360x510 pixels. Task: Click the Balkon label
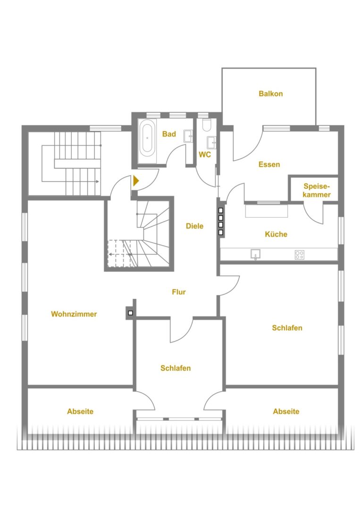(x=271, y=93)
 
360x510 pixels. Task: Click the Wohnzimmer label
(x=74, y=314)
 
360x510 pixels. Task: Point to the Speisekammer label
(x=317, y=190)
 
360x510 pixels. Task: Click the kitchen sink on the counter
(x=256, y=254)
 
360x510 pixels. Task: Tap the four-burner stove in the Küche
(x=300, y=255)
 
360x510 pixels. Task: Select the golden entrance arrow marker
(x=136, y=180)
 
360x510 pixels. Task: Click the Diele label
(x=194, y=226)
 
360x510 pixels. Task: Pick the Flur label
(x=179, y=292)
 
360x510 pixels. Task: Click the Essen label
(x=269, y=164)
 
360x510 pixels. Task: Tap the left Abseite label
(x=80, y=411)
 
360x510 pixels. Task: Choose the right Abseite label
(x=286, y=411)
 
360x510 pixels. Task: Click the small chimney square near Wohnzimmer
(x=131, y=313)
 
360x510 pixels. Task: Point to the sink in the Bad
(x=188, y=136)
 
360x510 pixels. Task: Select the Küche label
(x=276, y=234)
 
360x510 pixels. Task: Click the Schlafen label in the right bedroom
(x=287, y=328)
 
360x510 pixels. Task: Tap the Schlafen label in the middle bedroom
(x=176, y=368)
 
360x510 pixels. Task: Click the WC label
(x=205, y=154)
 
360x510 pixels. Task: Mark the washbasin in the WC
(x=211, y=143)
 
